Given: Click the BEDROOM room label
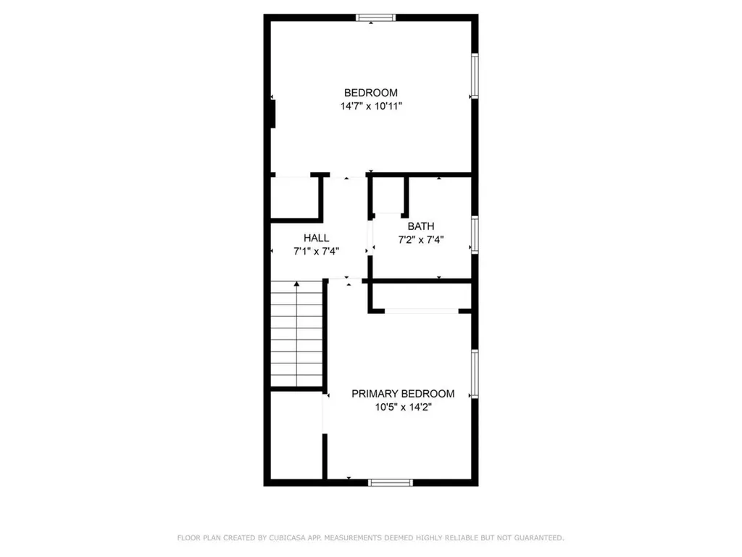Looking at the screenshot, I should (x=370, y=93).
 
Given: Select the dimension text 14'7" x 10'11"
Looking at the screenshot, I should (x=370, y=106).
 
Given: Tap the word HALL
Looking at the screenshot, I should (x=316, y=238).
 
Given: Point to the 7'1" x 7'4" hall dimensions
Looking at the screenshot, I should (x=316, y=251).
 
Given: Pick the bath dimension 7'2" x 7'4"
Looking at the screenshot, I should (x=420, y=239).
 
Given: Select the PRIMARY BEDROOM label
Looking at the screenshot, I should (x=403, y=394).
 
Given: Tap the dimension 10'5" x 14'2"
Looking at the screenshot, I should (x=403, y=407).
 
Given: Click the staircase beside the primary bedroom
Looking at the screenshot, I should (x=296, y=335).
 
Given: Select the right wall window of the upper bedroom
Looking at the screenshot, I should (x=475, y=75).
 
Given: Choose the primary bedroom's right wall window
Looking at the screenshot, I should (x=475, y=374).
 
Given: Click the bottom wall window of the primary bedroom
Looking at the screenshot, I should (x=390, y=482).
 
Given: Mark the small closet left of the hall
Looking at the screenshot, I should (x=294, y=196).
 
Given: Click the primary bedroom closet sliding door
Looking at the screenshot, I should (x=421, y=311).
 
